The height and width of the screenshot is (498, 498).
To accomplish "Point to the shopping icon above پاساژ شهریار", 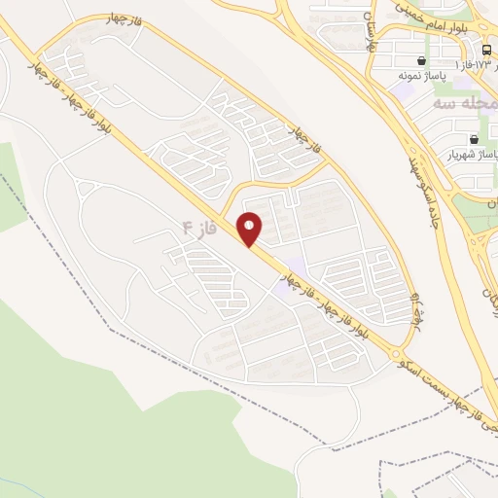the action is [474, 139].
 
